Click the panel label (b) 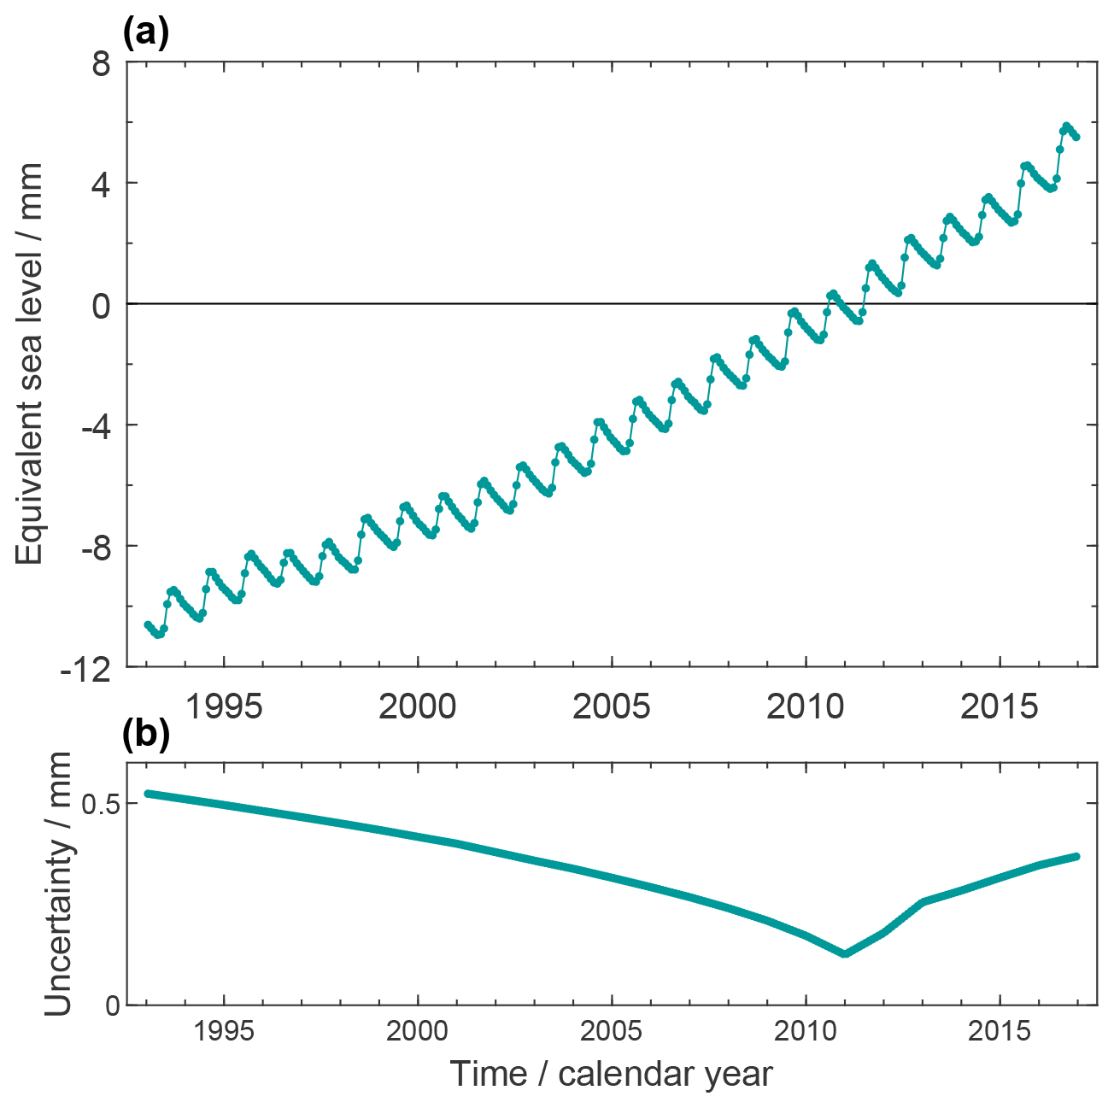tap(146, 734)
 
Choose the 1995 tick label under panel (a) tap(224, 706)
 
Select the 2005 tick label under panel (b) tap(612, 1031)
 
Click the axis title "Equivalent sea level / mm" tap(30, 365)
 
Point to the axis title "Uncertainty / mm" tap(58, 884)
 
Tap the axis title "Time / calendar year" tap(611, 1074)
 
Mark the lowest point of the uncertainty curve tap(844, 953)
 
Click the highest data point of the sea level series tap(1065, 126)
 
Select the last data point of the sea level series tap(1076, 137)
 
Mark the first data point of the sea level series tap(147, 624)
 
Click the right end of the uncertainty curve tap(1076, 856)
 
